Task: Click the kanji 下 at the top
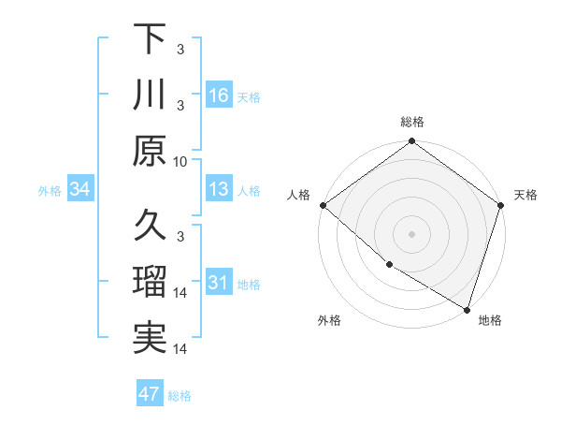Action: click(150, 40)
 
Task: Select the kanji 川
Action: click(150, 95)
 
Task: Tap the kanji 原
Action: click(150, 150)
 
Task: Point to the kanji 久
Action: click(150, 226)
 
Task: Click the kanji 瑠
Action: click(150, 282)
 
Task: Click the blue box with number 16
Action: click(219, 95)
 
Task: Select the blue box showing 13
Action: click(219, 190)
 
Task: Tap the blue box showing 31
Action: click(219, 284)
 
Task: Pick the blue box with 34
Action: click(80, 190)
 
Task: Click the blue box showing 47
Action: click(150, 394)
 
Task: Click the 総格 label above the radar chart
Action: click(412, 122)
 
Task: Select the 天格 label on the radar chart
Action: click(525, 195)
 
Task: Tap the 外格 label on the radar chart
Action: click(328, 320)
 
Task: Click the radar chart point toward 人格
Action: click(324, 205)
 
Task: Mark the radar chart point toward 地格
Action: click(466, 308)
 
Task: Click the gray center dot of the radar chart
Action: click(411, 233)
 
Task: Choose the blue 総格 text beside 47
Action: click(180, 396)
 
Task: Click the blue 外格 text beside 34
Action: click(50, 191)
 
